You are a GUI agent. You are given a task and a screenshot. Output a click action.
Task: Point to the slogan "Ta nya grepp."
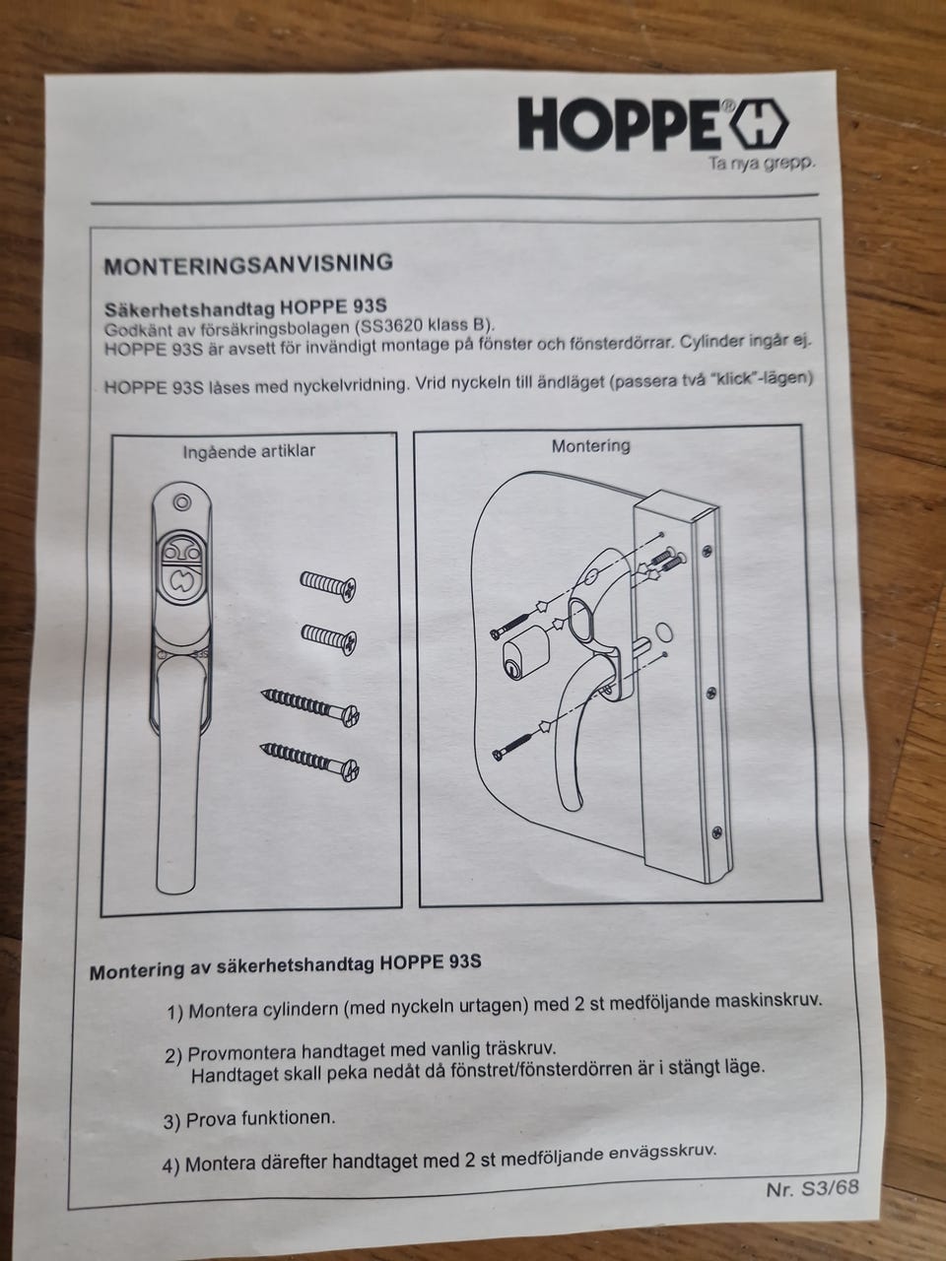(762, 164)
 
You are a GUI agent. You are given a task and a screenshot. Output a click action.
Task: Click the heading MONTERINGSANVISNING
(248, 264)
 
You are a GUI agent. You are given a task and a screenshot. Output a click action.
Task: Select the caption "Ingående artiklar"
(249, 451)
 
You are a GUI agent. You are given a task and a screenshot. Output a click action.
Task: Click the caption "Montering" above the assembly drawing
(591, 446)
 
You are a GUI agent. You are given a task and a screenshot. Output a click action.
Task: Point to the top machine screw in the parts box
(328, 585)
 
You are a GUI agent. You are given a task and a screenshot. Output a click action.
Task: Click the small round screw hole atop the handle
(182, 502)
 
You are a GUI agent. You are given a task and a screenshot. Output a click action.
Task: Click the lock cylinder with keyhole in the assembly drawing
(525, 657)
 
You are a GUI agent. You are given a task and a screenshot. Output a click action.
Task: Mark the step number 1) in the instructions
(175, 1014)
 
